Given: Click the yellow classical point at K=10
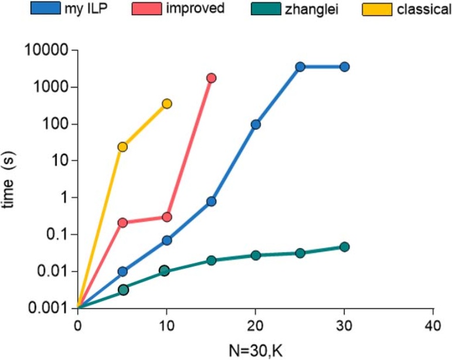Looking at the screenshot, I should pyautogui.click(x=166, y=103).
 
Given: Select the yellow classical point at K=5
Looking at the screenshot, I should pyautogui.click(x=123, y=147).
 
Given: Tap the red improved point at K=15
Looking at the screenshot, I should pyautogui.click(x=211, y=78).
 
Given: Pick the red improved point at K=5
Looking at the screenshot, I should pyautogui.click(x=123, y=222).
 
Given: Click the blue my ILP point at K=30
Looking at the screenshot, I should pyautogui.click(x=344, y=67).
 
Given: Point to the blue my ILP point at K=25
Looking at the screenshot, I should pyautogui.click(x=300, y=67).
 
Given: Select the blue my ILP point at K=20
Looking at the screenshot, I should pyautogui.click(x=256, y=124).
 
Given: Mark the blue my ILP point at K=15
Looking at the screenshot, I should pyautogui.click(x=211, y=201).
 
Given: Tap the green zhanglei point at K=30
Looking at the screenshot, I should pyautogui.click(x=344, y=247).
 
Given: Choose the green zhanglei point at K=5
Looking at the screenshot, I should pyautogui.click(x=123, y=290).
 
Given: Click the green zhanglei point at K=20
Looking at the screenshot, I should pyautogui.click(x=256, y=255).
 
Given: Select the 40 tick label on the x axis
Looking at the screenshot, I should pyautogui.click(x=433, y=326).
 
